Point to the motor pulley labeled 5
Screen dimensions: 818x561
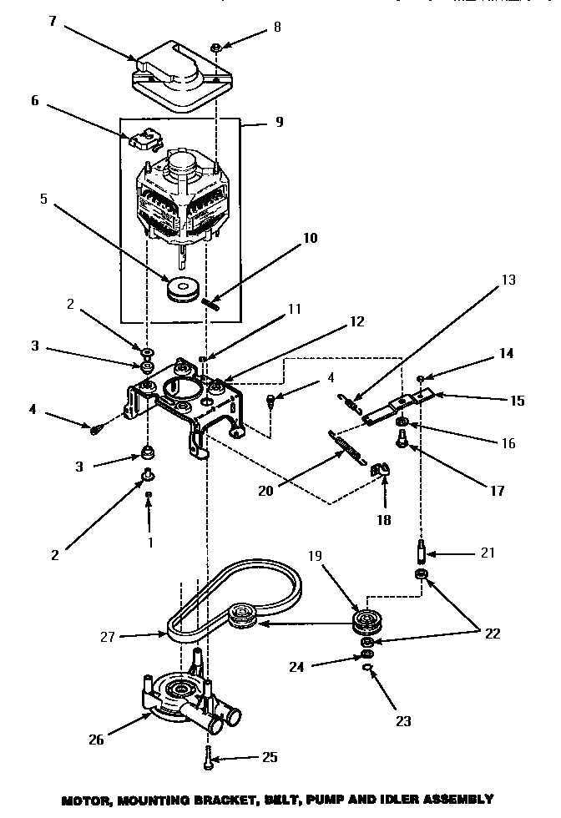tap(181, 289)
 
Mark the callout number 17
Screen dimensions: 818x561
tap(498, 490)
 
